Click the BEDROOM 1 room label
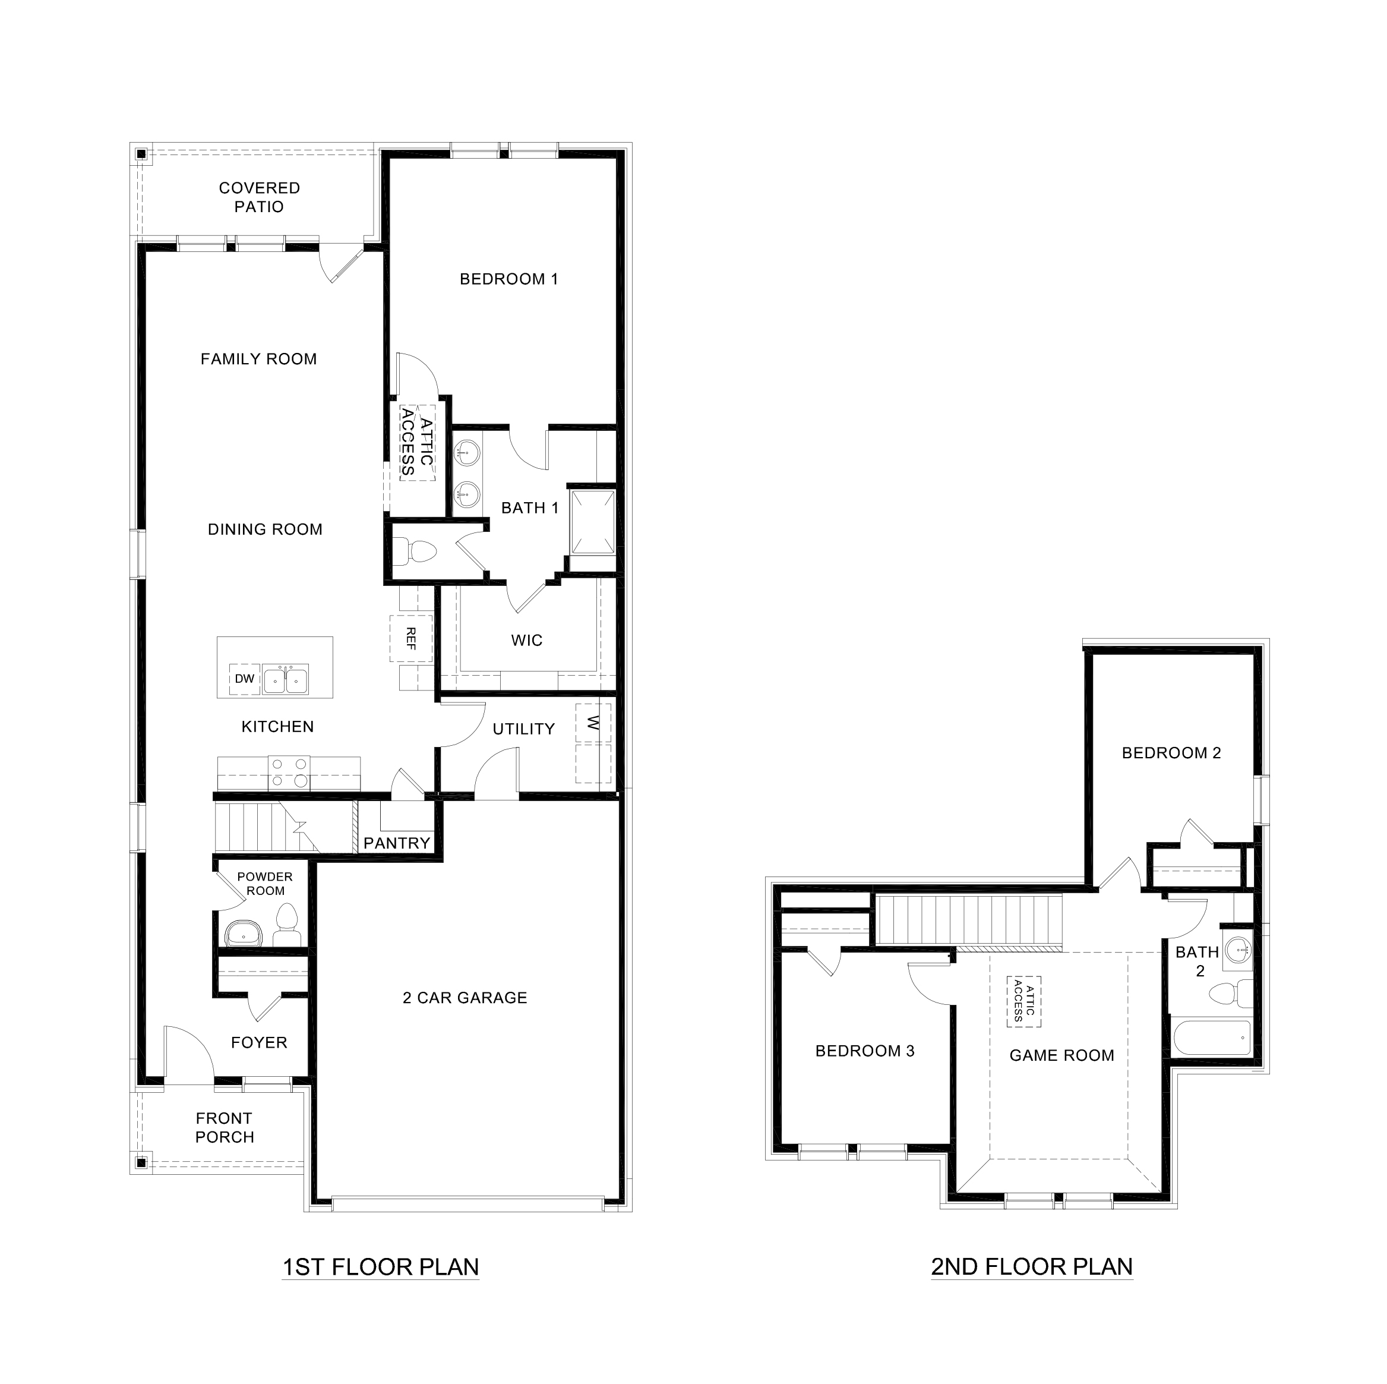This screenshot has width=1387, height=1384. (x=509, y=279)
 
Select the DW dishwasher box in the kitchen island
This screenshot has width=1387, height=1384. (x=244, y=679)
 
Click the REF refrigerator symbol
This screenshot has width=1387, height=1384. (x=410, y=638)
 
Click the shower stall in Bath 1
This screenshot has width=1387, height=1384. (x=592, y=522)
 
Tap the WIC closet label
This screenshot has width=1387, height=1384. (x=526, y=641)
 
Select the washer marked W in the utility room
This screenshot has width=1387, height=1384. (x=593, y=723)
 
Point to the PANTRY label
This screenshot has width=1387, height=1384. (x=396, y=843)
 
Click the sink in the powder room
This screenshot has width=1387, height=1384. (x=245, y=936)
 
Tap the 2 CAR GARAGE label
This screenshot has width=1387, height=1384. (x=465, y=998)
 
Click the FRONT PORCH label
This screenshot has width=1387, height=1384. (x=224, y=1128)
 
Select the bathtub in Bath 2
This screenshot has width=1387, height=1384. (x=1212, y=1038)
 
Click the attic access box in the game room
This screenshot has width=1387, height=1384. (x=1023, y=1001)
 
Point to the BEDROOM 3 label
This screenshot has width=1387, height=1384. (x=864, y=1051)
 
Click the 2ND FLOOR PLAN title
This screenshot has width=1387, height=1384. (x=1032, y=1266)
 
